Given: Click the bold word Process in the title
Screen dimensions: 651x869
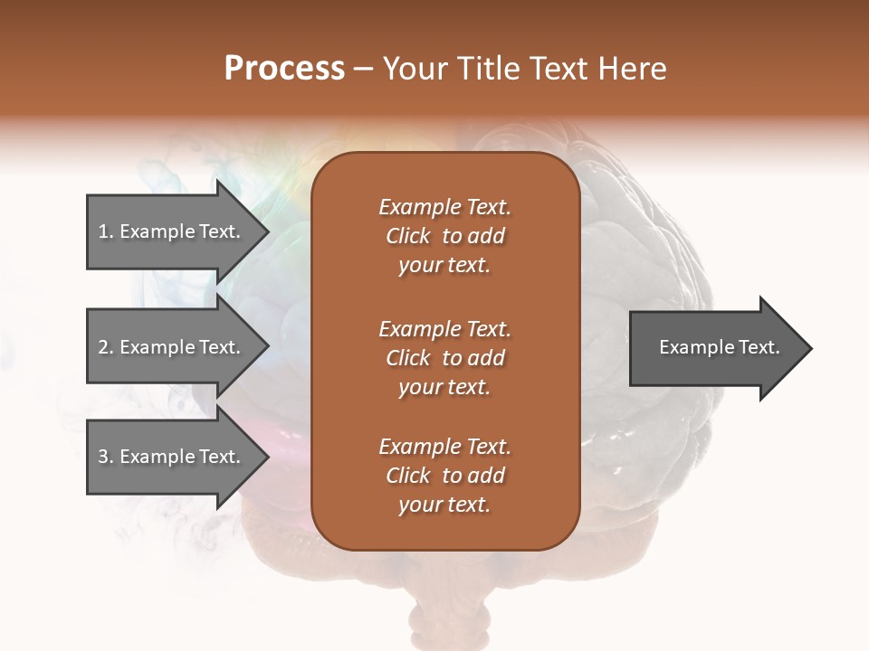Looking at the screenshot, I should click(284, 69).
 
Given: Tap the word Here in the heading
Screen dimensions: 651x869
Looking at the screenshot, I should click(633, 69).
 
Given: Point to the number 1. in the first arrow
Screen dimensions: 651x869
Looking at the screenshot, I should click(105, 231).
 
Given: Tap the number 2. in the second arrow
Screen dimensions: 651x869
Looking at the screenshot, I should click(105, 347).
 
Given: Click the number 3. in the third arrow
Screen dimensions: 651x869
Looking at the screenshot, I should click(105, 457).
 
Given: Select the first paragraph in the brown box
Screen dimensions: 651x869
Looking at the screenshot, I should click(444, 236).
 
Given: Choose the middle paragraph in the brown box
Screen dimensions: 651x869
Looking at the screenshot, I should click(444, 357).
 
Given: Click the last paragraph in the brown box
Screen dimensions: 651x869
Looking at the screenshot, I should click(444, 476).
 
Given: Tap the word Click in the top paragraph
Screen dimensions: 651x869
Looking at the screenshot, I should click(407, 236).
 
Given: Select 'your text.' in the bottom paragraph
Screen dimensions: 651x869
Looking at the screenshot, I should click(444, 505).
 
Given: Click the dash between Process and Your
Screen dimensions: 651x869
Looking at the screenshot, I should click(364, 69).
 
